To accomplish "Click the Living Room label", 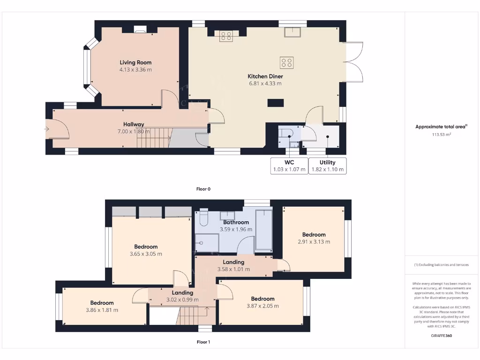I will [135, 62].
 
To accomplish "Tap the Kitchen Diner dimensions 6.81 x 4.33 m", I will [265, 83].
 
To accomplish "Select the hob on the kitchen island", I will [286, 62].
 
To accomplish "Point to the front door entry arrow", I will [47, 128].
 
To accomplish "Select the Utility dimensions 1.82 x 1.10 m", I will [328, 169].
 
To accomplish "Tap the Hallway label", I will [134, 124].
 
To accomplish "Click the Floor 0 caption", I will [203, 189].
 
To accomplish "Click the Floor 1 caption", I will [203, 342].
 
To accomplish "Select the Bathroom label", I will [236, 222].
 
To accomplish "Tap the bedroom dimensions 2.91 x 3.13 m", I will [314, 242].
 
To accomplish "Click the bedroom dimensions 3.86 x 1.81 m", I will [102, 310].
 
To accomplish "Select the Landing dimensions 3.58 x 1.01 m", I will [233, 269].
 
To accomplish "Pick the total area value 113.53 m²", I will [441, 135].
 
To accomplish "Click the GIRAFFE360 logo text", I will [441, 336].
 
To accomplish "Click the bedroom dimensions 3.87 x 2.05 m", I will [262, 306].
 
